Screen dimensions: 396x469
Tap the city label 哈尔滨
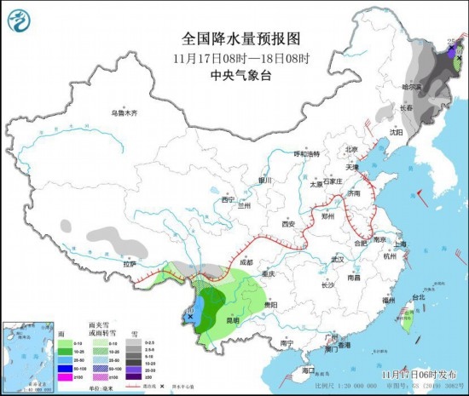(412, 87)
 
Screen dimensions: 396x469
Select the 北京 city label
(348, 149)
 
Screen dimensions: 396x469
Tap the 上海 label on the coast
(401, 244)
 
